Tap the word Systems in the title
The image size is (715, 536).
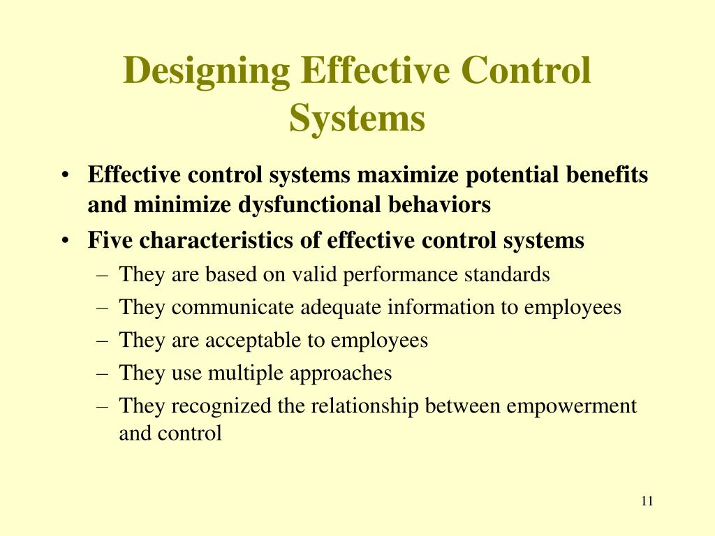(x=357, y=117)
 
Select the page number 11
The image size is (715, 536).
(x=646, y=501)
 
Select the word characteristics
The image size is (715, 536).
(x=224, y=241)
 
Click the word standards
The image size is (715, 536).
(x=507, y=275)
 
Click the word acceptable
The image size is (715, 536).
(x=253, y=341)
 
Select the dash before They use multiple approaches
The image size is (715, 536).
(x=103, y=373)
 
